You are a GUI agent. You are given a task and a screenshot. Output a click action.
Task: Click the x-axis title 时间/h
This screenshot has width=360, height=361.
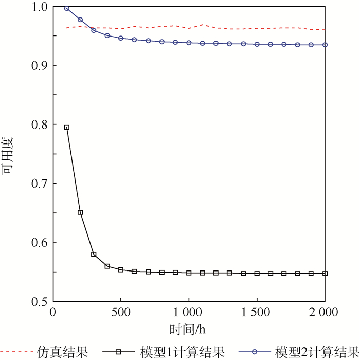(x=188, y=328)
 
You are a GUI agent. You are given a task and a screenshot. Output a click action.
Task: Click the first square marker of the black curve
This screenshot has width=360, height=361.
(x=66, y=127)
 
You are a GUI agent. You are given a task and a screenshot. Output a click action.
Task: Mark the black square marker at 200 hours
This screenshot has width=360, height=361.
(x=80, y=212)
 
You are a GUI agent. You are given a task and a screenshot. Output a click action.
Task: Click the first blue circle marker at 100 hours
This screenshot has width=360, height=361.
(x=66, y=8)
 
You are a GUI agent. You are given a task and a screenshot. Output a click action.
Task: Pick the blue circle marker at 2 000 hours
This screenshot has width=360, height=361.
(x=325, y=45)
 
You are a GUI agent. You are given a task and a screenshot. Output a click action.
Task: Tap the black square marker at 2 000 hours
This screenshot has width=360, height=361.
(x=325, y=274)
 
